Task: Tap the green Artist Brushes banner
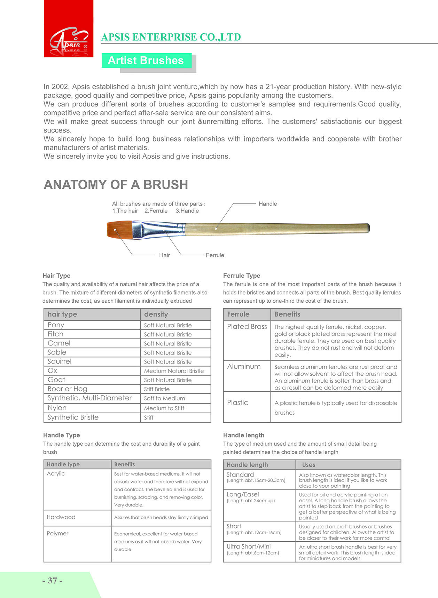click(146, 61)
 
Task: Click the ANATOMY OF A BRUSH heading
click(116, 185)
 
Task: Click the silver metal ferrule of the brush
click(159, 230)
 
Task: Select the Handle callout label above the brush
click(268, 204)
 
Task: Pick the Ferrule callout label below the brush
click(215, 255)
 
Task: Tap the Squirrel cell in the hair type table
click(60, 361)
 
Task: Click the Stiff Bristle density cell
click(157, 389)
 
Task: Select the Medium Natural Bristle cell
click(174, 371)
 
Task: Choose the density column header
click(156, 314)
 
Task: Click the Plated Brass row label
click(247, 327)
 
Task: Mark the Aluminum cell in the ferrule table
click(244, 367)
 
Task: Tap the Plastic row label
click(237, 402)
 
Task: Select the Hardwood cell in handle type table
click(61, 517)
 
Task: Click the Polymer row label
click(57, 534)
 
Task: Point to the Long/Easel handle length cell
click(243, 495)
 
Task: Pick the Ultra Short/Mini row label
click(249, 547)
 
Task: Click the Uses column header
click(308, 465)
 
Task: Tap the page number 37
click(53, 581)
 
